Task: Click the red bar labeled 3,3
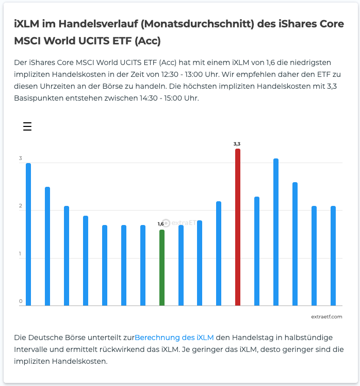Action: (x=238, y=227)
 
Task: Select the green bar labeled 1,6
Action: (x=162, y=267)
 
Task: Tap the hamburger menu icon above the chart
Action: (x=27, y=126)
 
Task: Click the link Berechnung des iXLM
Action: (x=174, y=337)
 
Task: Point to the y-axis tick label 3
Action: (x=21, y=158)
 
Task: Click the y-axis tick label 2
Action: (x=21, y=206)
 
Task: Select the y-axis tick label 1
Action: (x=21, y=254)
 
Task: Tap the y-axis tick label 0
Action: (x=21, y=301)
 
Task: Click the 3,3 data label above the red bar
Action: (x=237, y=144)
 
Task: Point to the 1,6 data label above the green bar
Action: (x=161, y=224)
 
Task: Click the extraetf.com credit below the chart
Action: (x=326, y=316)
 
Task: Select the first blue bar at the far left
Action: (x=28, y=234)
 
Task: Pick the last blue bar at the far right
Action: (x=333, y=256)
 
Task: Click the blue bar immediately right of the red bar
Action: (x=257, y=251)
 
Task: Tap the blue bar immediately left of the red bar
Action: (x=219, y=253)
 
